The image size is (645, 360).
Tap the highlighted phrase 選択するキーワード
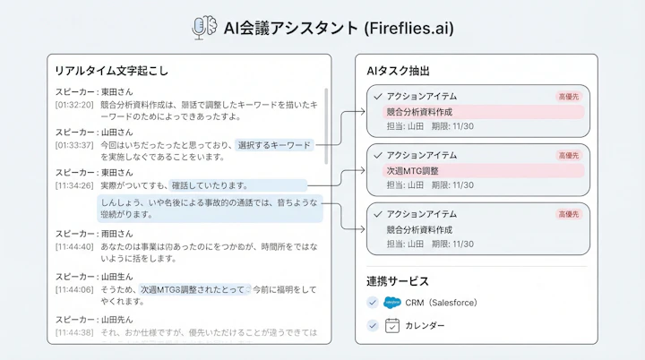click(x=274, y=144)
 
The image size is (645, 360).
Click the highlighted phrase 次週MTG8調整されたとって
click(x=192, y=290)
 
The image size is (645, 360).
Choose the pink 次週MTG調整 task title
click(x=412, y=170)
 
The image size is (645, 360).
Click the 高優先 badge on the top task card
click(x=568, y=96)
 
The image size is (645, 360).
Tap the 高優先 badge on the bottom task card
click(x=568, y=215)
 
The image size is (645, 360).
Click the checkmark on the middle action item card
click(x=378, y=155)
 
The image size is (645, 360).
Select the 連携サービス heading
click(x=397, y=281)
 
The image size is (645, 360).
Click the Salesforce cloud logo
click(x=391, y=303)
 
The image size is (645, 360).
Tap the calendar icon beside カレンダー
click(x=391, y=325)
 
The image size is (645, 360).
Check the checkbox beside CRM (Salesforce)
click(x=373, y=303)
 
